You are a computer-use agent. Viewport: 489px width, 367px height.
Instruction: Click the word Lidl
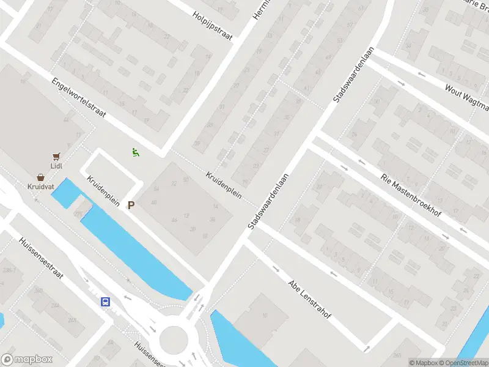tap(57, 166)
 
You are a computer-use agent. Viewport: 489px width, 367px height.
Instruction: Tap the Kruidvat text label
tap(40, 186)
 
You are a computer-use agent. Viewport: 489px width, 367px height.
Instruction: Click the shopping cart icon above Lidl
tap(57, 157)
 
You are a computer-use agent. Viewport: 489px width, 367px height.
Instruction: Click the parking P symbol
tap(131, 206)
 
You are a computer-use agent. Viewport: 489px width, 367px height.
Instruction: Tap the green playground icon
tap(135, 152)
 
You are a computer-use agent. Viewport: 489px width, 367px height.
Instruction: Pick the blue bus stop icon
tap(105, 302)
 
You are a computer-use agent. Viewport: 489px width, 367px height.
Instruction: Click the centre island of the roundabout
tap(174, 338)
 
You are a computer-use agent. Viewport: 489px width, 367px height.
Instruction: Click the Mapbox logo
tap(27, 360)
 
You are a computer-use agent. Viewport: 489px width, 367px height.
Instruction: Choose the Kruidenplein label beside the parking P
tap(103, 191)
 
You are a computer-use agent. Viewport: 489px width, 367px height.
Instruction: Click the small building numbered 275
tap(79, 212)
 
